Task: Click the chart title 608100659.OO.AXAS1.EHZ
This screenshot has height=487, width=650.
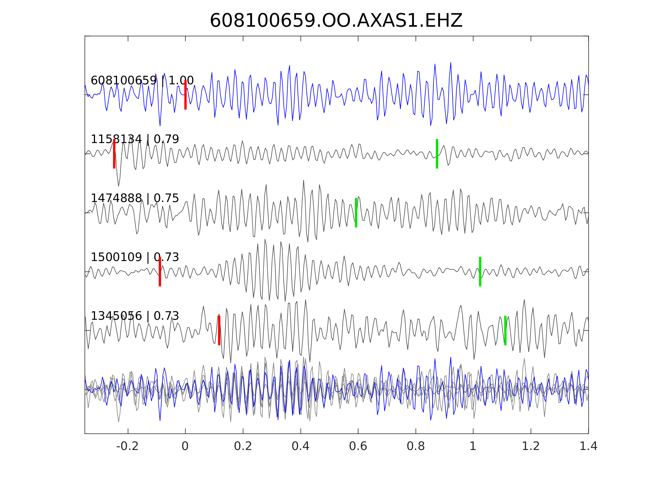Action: click(336, 21)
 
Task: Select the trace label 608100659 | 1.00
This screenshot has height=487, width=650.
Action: click(142, 80)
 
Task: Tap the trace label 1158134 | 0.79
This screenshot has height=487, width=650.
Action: click(135, 139)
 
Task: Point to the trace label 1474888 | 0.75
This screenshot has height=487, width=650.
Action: click(135, 198)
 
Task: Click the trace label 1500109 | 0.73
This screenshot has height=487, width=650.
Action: click(135, 257)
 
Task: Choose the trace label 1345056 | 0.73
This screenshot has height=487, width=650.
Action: click(135, 316)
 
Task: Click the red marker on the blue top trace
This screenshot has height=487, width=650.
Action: click(186, 95)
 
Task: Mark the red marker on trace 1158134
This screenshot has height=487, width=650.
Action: click(114, 154)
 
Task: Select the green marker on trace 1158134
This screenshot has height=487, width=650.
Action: click(437, 154)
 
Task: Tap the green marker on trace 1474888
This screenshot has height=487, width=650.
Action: click(356, 213)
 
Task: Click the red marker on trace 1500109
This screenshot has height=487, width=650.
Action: click(160, 272)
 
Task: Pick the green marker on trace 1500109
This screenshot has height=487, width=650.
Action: click(480, 272)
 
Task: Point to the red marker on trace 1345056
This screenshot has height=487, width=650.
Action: click(219, 331)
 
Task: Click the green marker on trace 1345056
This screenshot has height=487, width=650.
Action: click(505, 331)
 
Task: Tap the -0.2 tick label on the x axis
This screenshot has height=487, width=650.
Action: click(127, 446)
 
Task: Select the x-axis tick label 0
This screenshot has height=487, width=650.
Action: click(185, 446)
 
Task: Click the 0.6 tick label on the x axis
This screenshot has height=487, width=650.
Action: click(358, 446)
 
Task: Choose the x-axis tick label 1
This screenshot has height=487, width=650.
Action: click(473, 446)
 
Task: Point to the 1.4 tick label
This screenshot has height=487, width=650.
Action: click(588, 446)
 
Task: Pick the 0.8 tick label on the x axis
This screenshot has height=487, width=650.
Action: click(415, 446)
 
